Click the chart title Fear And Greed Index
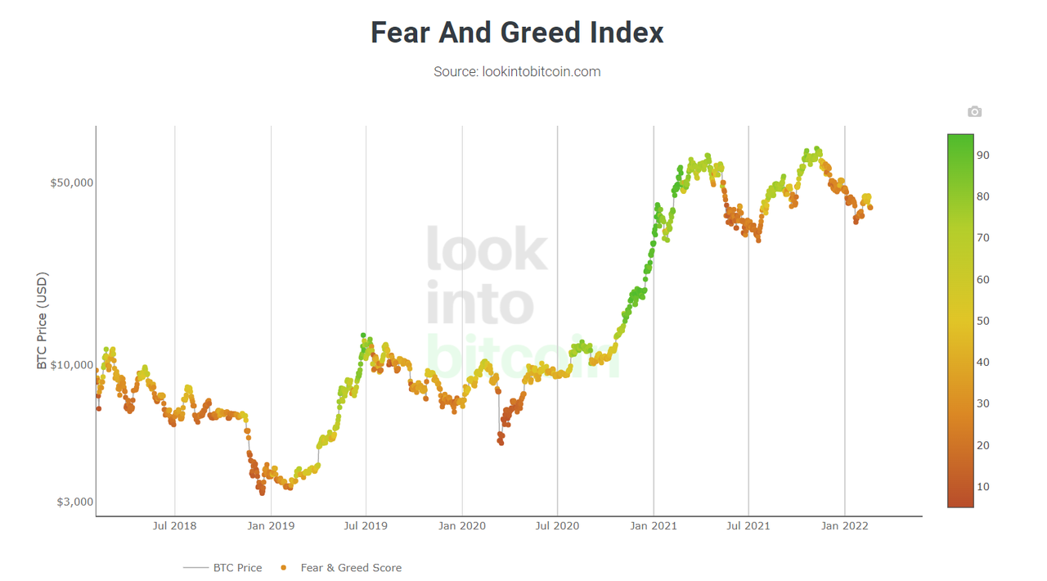[517, 33]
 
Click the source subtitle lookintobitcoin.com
[517, 72]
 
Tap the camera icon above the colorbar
[974, 111]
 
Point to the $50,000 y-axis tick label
[72, 182]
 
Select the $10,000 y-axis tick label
[72, 364]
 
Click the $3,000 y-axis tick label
[74, 502]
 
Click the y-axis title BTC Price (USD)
[43, 321]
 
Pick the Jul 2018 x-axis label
[174, 526]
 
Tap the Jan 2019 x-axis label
[271, 526]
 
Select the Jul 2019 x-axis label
[366, 526]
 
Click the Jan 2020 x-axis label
[462, 526]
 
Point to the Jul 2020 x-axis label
[557, 526]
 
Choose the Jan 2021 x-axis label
[654, 526]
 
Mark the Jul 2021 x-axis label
[748, 526]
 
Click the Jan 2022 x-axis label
[845, 526]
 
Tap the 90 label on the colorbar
[982, 155]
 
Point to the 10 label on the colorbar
[982, 487]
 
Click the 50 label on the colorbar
[982, 321]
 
